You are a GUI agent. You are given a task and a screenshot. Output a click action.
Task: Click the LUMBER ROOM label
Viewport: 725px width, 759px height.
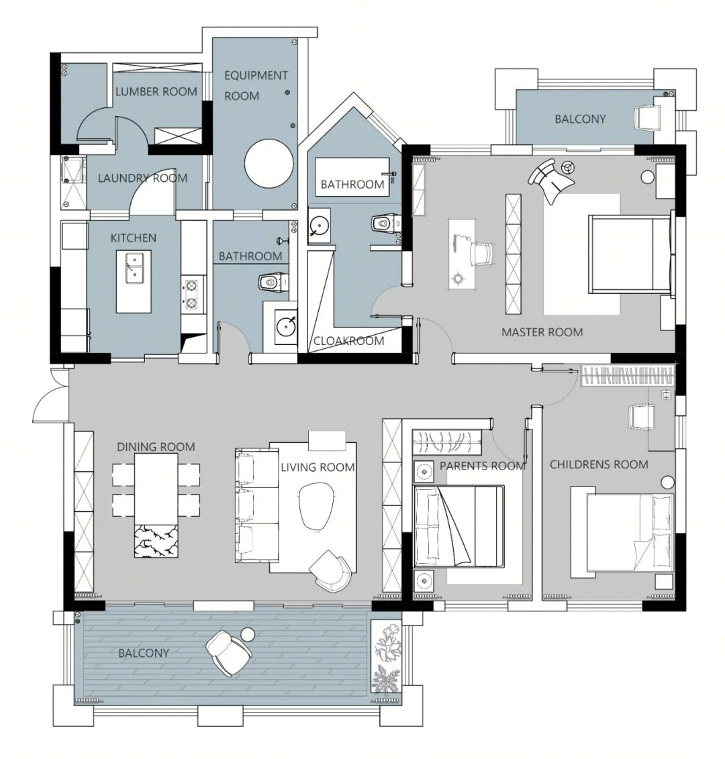pyautogui.click(x=156, y=91)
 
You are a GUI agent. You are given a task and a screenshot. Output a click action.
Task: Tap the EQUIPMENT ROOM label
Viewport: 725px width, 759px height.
pyautogui.click(x=256, y=86)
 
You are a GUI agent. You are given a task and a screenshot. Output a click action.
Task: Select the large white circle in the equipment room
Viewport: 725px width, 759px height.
pyautogui.click(x=269, y=164)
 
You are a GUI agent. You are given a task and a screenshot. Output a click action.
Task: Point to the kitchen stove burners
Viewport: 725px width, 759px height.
pyautogui.click(x=191, y=294)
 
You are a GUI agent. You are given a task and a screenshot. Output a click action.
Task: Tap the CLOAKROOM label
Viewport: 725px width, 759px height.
pyautogui.click(x=348, y=341)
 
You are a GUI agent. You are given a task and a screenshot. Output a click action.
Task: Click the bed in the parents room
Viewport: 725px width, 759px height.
pyautogui.click(x=459, y=526)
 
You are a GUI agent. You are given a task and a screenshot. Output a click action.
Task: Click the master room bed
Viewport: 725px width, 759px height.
pyautogui.click(x=630, y=254)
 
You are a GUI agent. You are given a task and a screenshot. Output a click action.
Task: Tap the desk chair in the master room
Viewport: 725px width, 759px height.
pyautogui.click(x=482, y=254)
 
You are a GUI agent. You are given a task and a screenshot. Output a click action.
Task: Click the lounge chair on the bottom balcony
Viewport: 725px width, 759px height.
pyautogui.click(x=229, y=652)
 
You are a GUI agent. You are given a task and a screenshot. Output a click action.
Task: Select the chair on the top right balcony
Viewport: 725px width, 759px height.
pyautogui.click(x=648, y=117)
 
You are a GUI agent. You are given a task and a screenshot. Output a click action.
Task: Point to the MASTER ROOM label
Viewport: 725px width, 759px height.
pyautogui.click(x=542, y=333)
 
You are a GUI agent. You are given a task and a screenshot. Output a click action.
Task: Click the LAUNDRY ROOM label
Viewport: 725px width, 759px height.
pyautogui.click(x=142, y=178)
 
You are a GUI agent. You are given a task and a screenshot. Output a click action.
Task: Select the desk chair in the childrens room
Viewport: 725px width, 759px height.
pyautogui.click(x=641, y=417)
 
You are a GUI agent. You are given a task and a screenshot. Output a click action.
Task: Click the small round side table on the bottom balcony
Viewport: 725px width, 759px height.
pyautogui.click(x=248, y=634)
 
